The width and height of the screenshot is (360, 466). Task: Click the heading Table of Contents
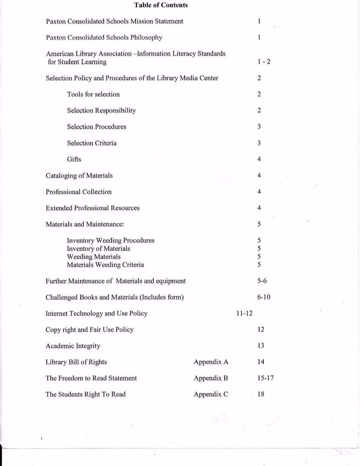point(161,5)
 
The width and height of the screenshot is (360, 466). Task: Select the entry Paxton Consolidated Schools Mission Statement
point(114,22)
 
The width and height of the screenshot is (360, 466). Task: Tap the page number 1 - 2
point(264,62)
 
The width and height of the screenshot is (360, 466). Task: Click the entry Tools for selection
point(93,94)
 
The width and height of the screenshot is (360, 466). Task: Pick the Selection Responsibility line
point(101,110)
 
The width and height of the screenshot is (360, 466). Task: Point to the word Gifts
point(74,159)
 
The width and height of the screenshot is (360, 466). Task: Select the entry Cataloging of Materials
point(79,175)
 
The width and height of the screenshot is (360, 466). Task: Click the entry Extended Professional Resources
point(92,208)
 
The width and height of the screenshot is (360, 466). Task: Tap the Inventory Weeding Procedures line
point(111,241)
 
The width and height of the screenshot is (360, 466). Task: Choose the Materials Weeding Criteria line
point(105,265)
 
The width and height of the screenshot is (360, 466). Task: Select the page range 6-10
point(264,297)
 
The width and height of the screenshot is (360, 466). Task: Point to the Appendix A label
point(211,362)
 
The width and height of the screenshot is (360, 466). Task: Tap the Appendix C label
point(211,395)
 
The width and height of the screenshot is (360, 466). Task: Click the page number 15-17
point(266,378)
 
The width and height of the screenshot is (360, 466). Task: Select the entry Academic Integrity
point(72,346)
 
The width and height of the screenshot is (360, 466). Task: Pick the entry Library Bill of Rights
point(76,362)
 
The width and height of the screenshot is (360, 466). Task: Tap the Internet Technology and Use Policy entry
point(96,314)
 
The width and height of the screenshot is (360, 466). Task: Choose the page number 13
point(261,346)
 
